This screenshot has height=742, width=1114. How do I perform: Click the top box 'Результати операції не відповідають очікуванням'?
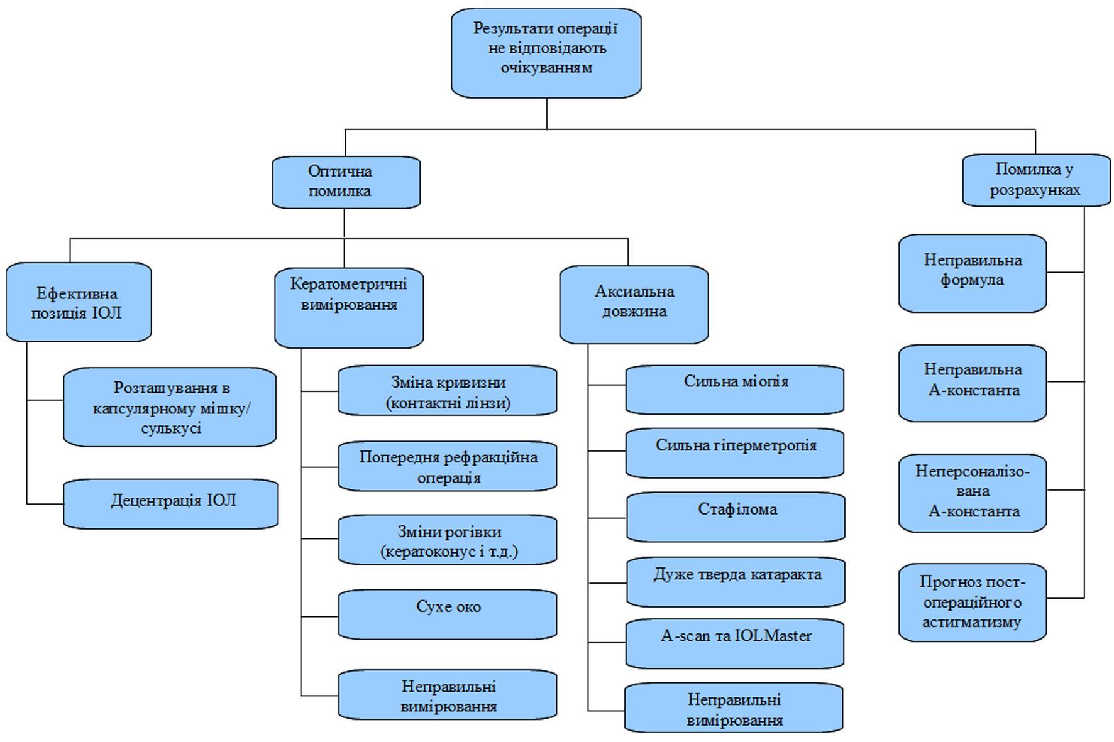point(546,53)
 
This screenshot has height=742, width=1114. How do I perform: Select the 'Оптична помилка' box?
point(346,182)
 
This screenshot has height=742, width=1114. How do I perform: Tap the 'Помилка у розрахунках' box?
point(1036,180)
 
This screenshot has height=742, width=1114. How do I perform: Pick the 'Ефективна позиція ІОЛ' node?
point(79,302)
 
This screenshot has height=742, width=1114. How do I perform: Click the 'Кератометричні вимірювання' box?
point(349,307)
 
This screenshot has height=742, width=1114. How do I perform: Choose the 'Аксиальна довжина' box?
point(634,305)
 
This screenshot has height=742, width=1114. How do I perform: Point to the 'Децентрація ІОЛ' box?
point(170,503)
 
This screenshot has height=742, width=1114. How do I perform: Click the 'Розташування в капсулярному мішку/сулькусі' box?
point(170,407)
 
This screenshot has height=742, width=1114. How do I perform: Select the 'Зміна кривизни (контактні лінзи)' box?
point(448,391)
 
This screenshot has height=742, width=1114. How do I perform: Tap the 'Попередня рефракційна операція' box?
point(448,466)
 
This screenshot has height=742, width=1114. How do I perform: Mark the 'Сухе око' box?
point(448,614)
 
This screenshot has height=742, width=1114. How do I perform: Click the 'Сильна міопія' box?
point(734,390)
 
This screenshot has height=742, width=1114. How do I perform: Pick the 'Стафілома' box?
point(736,517)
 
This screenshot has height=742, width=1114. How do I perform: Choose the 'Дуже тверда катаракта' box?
point(736,582)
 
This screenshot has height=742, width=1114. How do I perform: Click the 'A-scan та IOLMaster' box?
point(734,643)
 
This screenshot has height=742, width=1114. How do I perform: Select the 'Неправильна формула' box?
point(973,273)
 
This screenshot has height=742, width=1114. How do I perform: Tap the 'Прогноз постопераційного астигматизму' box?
point(973,603)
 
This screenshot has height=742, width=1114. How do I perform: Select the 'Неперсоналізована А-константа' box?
point(973,493)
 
